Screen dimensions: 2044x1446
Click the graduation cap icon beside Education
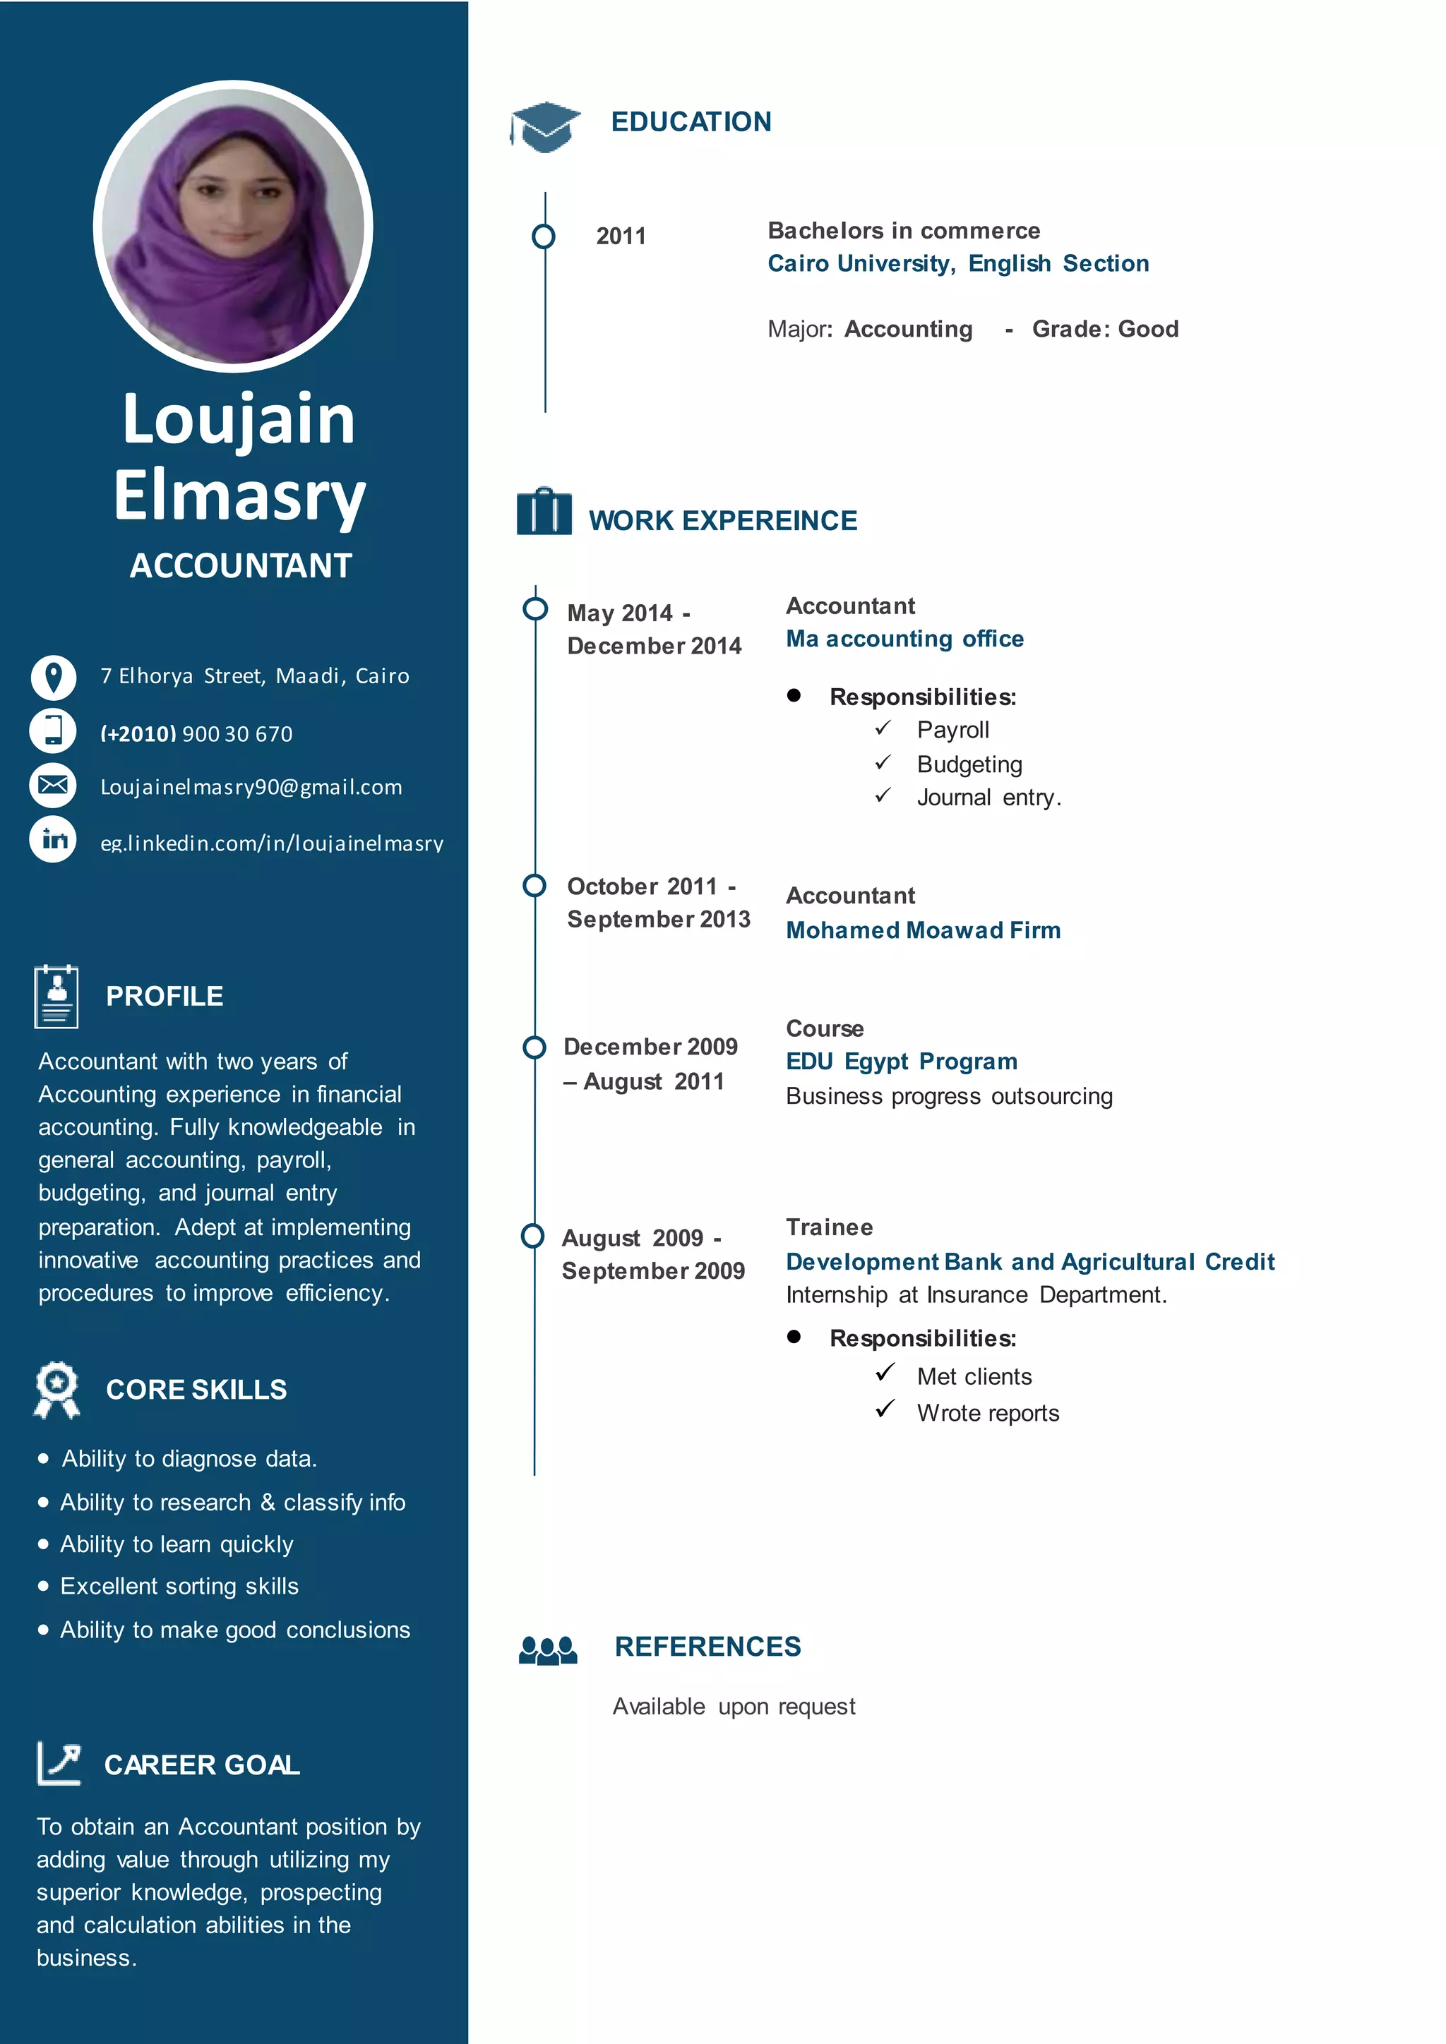pyautogui.click(x=545, y=126)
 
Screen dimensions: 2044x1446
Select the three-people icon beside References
pyautogui.click(x=548, y=1649)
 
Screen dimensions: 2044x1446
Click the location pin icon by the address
pyautogui.click(x=54, y=677)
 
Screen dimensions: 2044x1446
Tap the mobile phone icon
pyautogui.click(x=54, y=730)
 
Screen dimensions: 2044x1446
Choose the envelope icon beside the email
pyautogui.click(x=54, y=785)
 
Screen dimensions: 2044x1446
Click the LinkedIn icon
pyautogui.click(x=54, y=839)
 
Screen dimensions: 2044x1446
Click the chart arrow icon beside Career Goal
pyautogui.click(x=59, y=1762)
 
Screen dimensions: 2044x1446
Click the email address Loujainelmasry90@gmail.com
pyautogui.click(x=251, y=787)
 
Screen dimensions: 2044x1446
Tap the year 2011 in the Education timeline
pyautogui.click(x=621, y=236)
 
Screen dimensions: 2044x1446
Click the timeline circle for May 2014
pyautogui.click(x=535, y=609)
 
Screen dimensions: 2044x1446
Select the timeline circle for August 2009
pyautogui.click(x=532, y=1236)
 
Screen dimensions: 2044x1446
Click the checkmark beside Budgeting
pyautogui.click(x=883, y=763)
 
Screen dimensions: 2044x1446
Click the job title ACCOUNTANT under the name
pyautogui.click(x=240, y=565)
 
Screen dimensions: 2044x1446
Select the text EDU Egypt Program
pyautogui.click(x=901, y=1061)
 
